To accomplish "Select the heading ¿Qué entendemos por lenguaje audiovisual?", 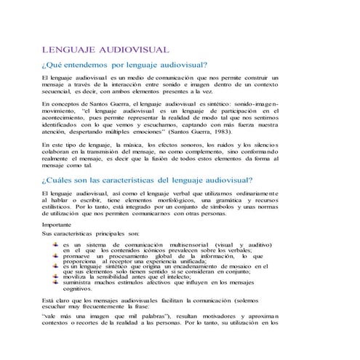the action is click(x=126, y=65).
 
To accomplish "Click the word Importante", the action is click(x=61, y=226).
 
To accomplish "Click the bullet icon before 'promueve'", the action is click(x=55, y=256).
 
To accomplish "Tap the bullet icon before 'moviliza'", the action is click(x=55, y=278).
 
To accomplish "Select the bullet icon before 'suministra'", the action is click(x=55, y=284).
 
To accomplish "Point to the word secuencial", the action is click(x=60, y=92).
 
